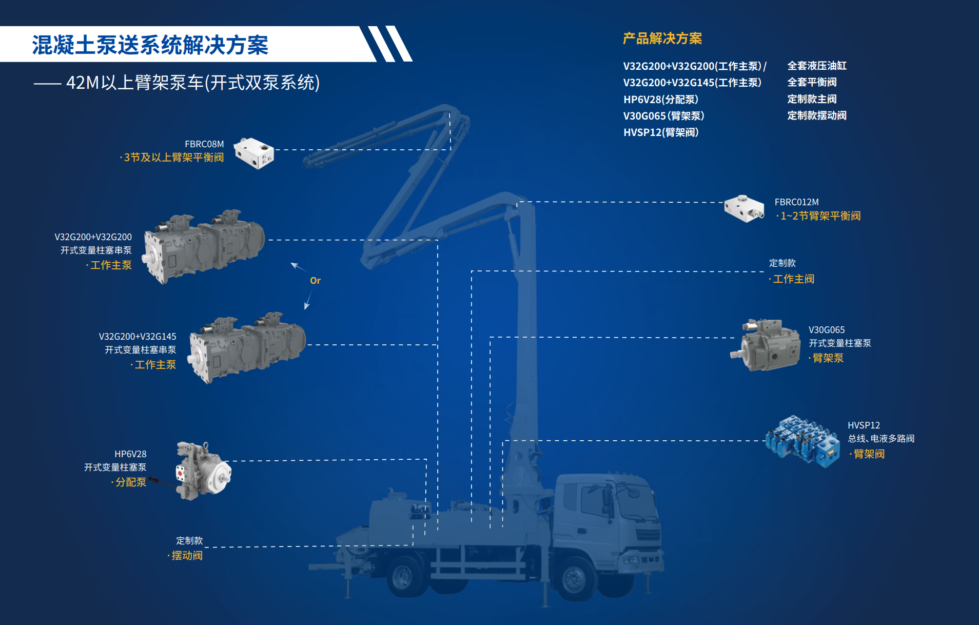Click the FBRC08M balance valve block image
pos(254,153)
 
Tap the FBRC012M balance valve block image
pos(744,208)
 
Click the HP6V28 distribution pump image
pos(202,471)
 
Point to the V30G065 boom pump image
pos(766,345)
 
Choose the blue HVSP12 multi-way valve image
pos(802,441)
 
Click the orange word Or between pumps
pos(315,281)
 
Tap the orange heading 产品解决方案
pos(662,38)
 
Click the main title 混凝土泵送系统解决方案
pos(150,45)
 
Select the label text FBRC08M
pos(204,144)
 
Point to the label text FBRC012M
pos(796,202)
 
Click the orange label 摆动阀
pos(187,556)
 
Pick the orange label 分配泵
pos(130,482)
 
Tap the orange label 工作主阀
pos(793,279)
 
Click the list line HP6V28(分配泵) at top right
pos(660,100)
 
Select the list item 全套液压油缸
pos(817,66)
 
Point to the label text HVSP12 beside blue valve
pos(864,425)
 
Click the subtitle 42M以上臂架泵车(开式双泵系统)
pos(192,83)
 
